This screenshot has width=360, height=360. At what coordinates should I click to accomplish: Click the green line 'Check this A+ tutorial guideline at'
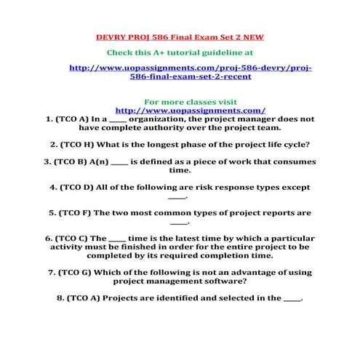point(180,52)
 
